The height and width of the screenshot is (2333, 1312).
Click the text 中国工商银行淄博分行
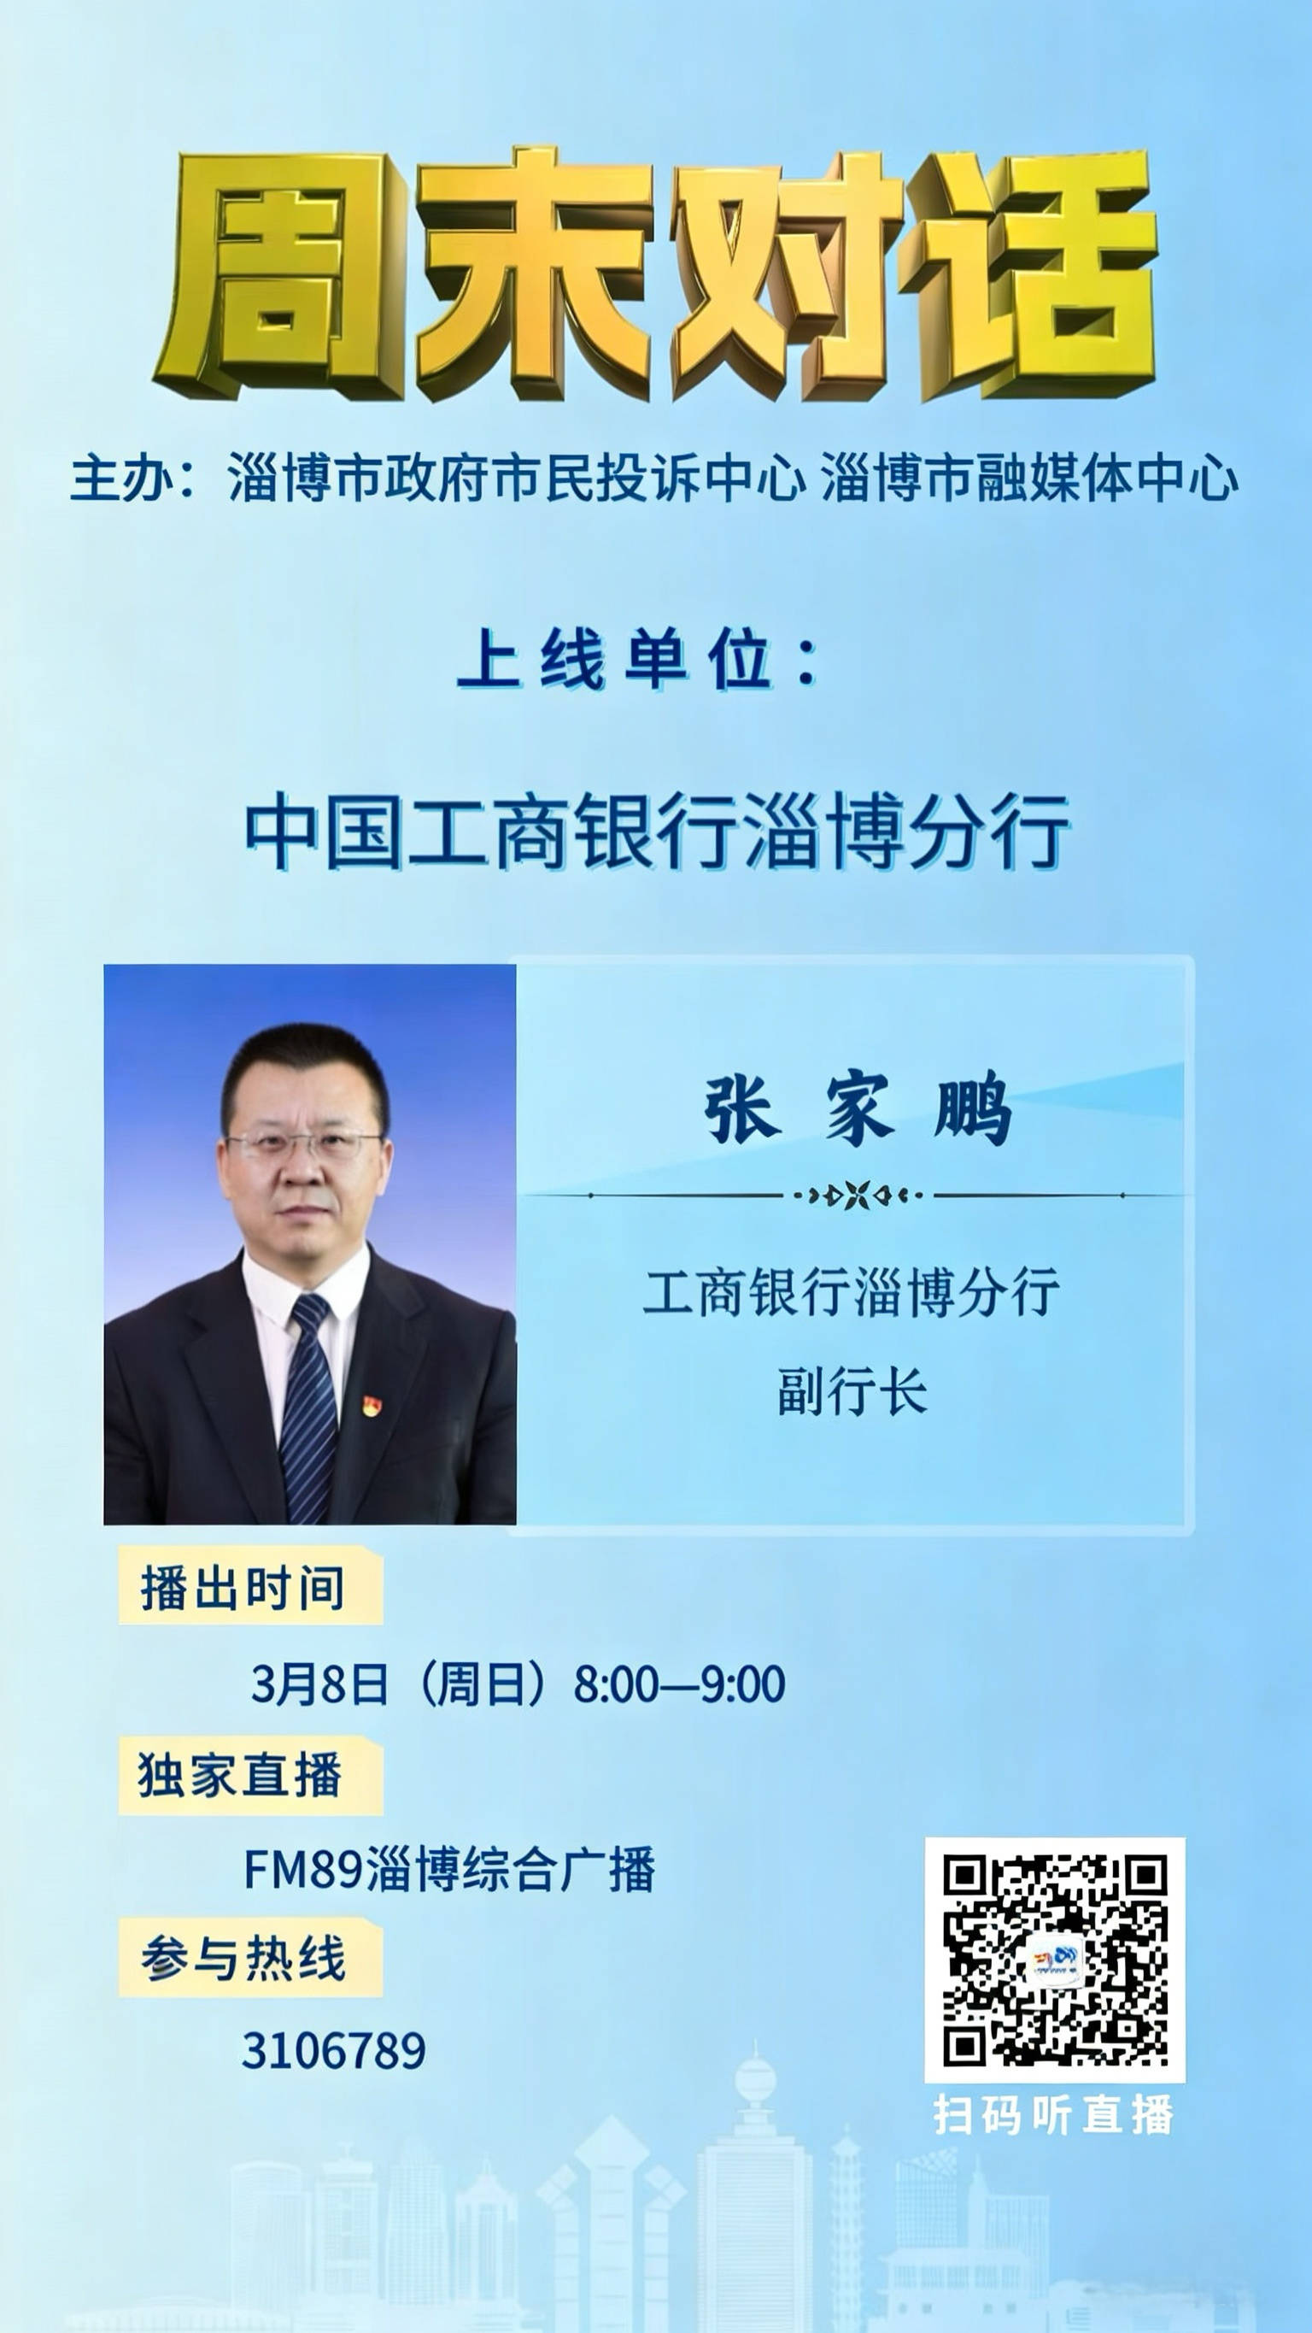pyautogui.click(x=658, y=832)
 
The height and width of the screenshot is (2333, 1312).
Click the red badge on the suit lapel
pyautogui.click(x=372, y=1405)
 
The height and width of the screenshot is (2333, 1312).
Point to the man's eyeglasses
pyautogui.click(x=303, y=1145)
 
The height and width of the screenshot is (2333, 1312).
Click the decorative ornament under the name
pyautogui.click(x=857, y=1196)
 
